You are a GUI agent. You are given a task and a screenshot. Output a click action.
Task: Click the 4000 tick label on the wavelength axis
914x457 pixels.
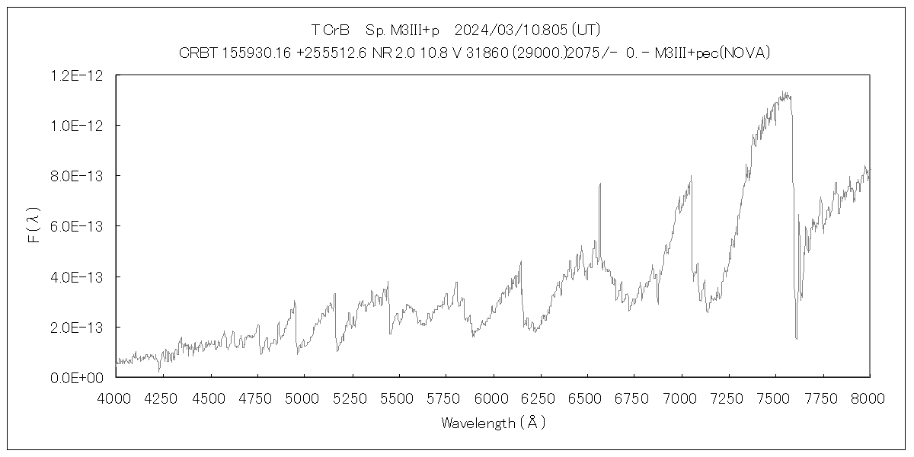[116, 398]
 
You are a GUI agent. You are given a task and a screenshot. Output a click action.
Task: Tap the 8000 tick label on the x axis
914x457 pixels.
[869, 398]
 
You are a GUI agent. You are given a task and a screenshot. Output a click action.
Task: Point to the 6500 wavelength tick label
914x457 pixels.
[586, 398]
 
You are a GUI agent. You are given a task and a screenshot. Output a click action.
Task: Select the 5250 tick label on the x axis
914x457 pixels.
[351, 398]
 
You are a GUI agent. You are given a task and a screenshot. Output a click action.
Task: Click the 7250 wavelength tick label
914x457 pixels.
[728, 398]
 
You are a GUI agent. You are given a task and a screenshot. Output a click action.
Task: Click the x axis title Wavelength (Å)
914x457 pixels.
[493, 423]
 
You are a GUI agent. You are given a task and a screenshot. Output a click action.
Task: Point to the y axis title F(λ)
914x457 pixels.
[34, 226]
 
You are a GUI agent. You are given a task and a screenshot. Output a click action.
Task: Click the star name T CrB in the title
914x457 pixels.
[330, 30]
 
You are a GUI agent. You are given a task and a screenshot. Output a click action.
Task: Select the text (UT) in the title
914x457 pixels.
[586, 30]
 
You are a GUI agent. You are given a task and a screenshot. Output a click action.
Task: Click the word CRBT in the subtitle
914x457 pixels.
[197, 53]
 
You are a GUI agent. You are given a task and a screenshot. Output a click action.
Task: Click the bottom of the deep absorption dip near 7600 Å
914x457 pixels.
[796, 338]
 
